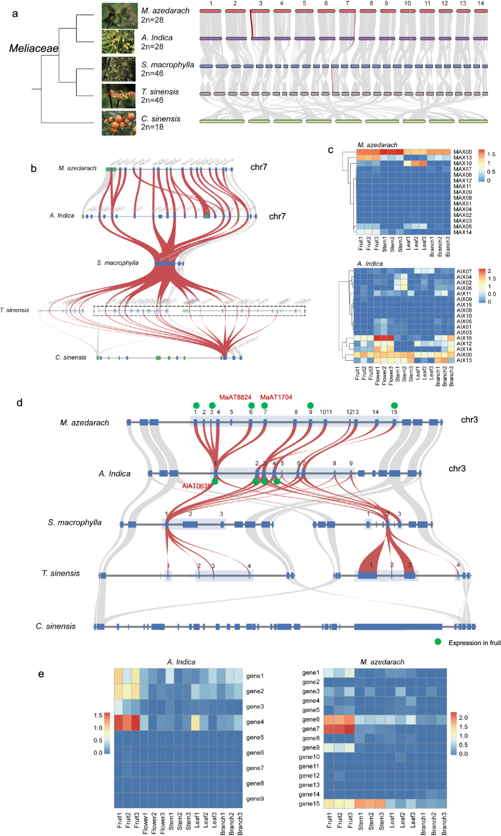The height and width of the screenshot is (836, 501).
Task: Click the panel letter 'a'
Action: coord(15,13)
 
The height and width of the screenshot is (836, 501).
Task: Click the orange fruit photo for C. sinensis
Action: coord(119,123)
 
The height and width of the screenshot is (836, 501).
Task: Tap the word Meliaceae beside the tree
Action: coord(34,48)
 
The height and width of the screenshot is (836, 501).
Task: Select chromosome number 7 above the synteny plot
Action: coord(347,4)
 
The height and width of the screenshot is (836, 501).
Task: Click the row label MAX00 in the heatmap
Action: coord(462,152)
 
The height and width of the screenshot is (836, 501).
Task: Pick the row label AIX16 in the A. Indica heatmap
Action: coord(464,338)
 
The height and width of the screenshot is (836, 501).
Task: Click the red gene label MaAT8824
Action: coord(235,397)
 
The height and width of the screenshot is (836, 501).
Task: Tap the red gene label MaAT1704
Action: coord(276,397)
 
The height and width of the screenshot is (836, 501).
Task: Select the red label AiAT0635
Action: coord(196,486)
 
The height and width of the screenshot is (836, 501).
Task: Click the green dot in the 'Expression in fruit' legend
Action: coord(438,642)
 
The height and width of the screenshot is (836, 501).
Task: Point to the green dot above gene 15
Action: coord(394,405)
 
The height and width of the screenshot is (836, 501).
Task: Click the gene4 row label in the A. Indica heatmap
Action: coord(255,722)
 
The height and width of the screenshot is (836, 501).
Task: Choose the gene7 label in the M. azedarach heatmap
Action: coord(310,729)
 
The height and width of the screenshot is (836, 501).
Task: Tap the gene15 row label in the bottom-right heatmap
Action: coord(309,804)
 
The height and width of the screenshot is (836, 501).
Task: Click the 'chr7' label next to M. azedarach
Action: coord(258,167)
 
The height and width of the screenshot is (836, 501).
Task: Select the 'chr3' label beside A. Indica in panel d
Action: coord(457,469)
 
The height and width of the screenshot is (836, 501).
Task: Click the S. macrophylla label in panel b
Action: coord(117,263)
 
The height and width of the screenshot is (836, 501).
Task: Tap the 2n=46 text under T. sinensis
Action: coord(152,100)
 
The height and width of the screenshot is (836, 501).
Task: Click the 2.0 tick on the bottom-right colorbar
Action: coord(463,717)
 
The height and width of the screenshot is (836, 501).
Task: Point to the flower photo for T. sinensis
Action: coord(119,96)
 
